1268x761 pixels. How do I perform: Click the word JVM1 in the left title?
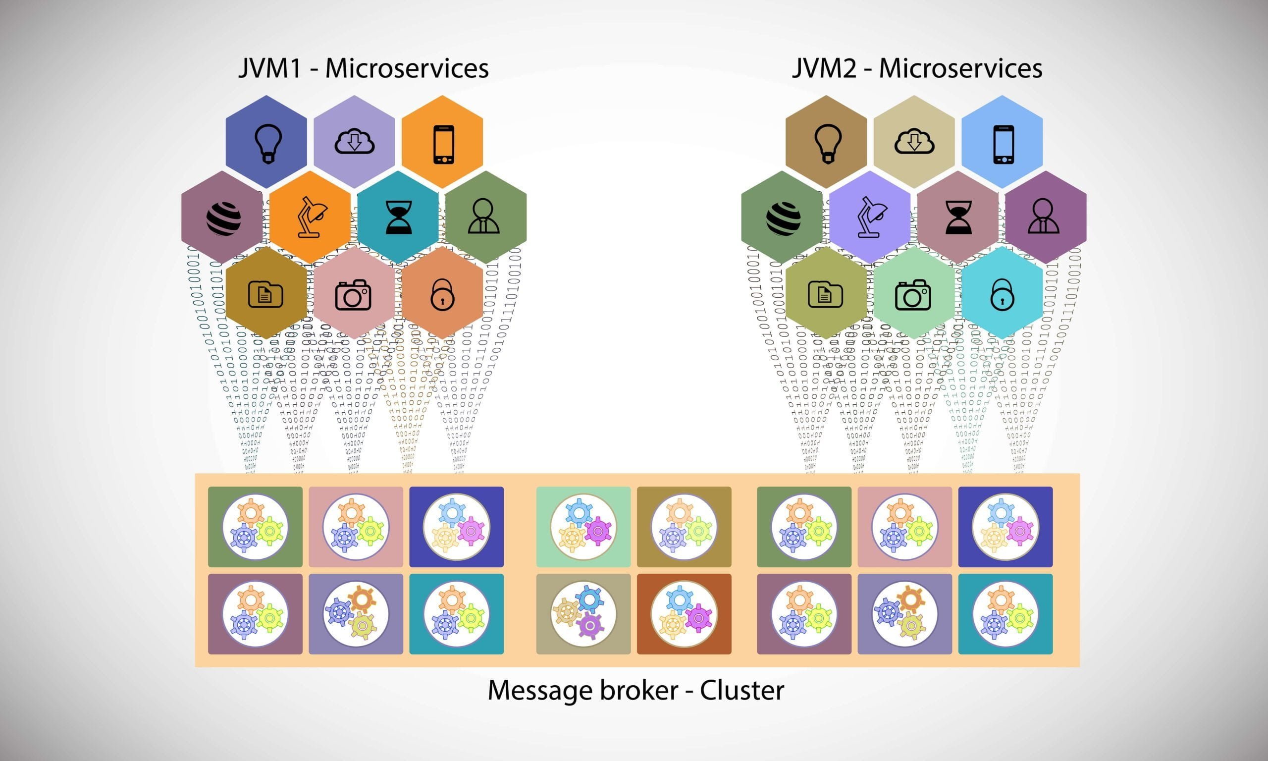(x=269, y=69)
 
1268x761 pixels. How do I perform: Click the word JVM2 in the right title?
(x=824, y=69)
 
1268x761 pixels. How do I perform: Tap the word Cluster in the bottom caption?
(x=741, y=690)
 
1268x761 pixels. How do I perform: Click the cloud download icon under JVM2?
(x=914, y=142)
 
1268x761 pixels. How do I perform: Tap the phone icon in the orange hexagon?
(x=443, y=144)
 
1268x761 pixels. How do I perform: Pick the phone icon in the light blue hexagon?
(x=1003, y=144)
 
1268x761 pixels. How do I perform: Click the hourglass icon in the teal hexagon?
(x=398, y=217)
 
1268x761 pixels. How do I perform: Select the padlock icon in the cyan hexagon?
(x=1002, y=295)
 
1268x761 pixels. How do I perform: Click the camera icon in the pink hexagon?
(x=353, y=295)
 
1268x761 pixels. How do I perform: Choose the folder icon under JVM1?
(x=265, y=294)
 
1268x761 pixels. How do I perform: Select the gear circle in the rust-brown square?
(x=684, y=614)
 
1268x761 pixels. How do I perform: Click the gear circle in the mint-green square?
(x=583, y=527)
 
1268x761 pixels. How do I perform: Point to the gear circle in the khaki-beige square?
(x=583, y=614)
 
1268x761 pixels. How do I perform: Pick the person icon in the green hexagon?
(x=483, y=217)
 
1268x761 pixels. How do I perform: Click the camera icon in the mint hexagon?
(x=913, y=295)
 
